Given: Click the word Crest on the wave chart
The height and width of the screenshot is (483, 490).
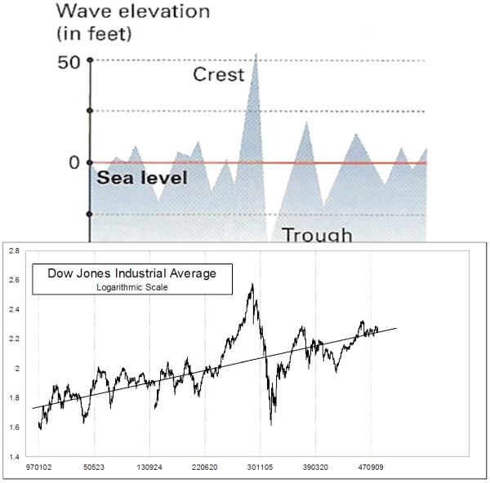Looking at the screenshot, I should tap(218, 75).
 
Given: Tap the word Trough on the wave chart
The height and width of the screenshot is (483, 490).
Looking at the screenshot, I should tap(317, 235).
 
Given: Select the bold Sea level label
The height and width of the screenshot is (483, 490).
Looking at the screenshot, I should tap(141, 178).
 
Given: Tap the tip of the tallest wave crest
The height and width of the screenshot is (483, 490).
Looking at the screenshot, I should tap(256, 53).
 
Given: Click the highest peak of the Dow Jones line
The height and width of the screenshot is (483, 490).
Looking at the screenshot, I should tap(252, 284).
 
